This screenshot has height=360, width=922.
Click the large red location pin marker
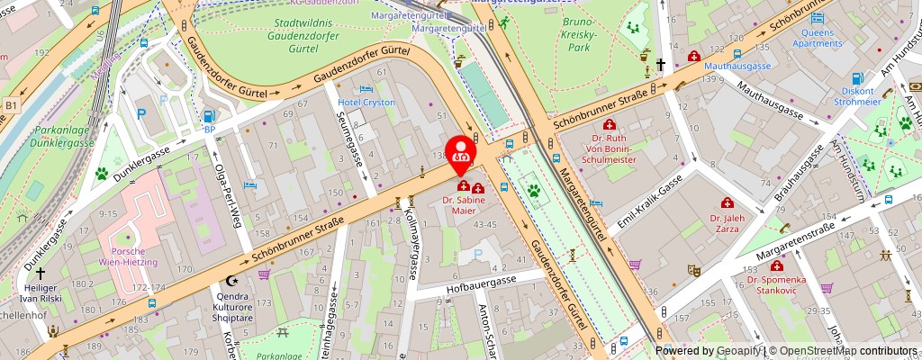pyautogui.click(x=461, y=151)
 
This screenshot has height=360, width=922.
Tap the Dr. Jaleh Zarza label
pyautogui.click(x=724, y=223)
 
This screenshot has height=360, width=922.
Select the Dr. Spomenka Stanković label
pyautogui.click(x=777, y=285)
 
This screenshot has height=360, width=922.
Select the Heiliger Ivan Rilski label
pyautogui.click(x=41, y=292)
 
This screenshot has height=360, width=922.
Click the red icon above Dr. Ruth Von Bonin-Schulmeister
pyautogui.click(x=610, y=124)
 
